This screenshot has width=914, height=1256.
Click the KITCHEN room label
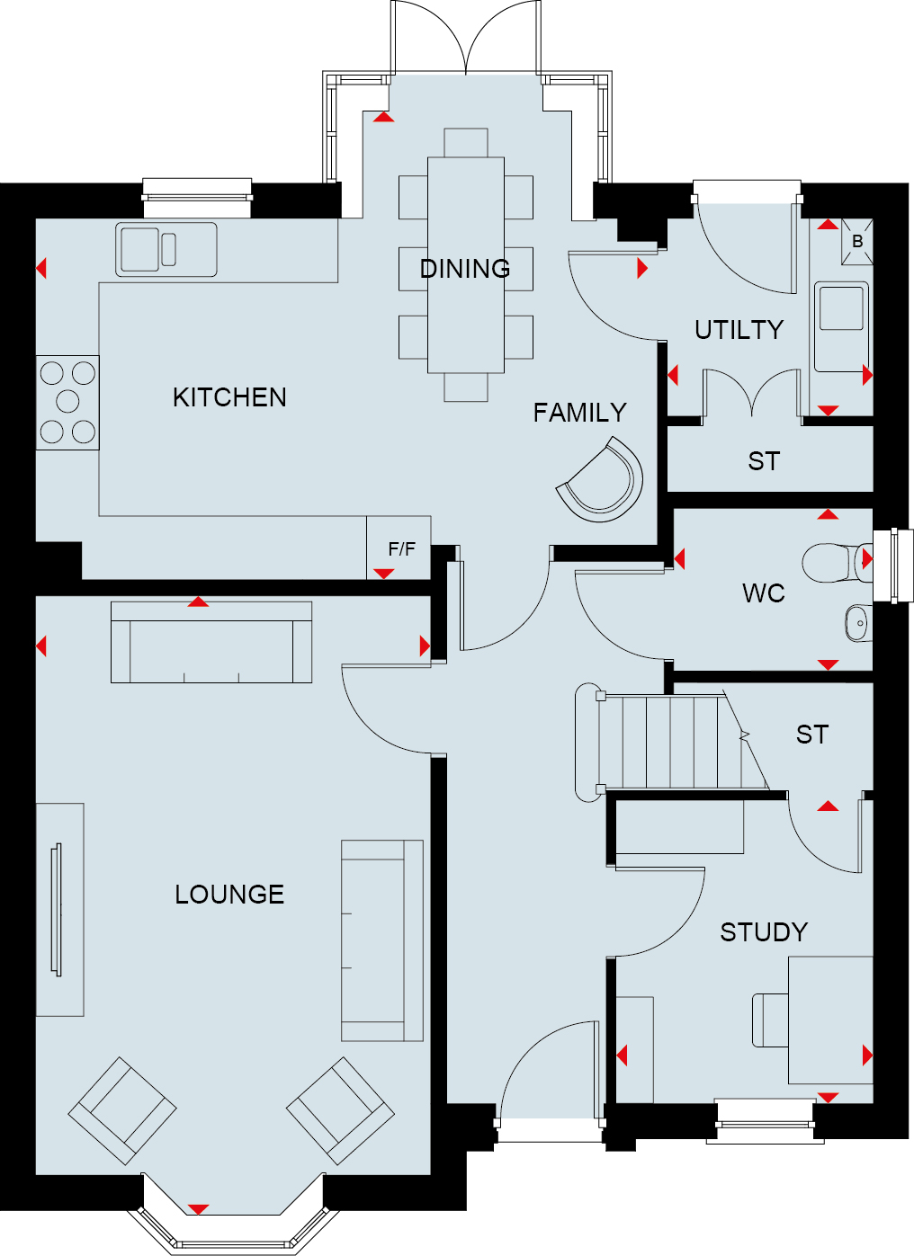point(229,397)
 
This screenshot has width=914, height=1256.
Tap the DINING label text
point(465,269)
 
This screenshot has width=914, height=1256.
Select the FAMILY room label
point(579,413)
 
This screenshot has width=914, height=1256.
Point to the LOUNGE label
point(229,895)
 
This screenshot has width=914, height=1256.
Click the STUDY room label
point(764,932)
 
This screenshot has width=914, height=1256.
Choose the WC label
point(763,593)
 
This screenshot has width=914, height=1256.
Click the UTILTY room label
point(739,330)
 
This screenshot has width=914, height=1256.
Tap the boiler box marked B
point(856,242)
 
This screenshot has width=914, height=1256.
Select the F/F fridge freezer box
point(399,548)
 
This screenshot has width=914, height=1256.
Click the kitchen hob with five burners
point(67,403)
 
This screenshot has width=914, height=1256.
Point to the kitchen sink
point(166,250)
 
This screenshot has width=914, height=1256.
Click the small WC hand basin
point(858,623)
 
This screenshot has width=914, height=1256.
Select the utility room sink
point(842,327)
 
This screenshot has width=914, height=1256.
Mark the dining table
point(466,264)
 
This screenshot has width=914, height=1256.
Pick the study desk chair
point(771,1020)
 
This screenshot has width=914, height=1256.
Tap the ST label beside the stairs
point(811,735)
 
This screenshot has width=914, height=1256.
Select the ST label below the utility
point(764,461)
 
